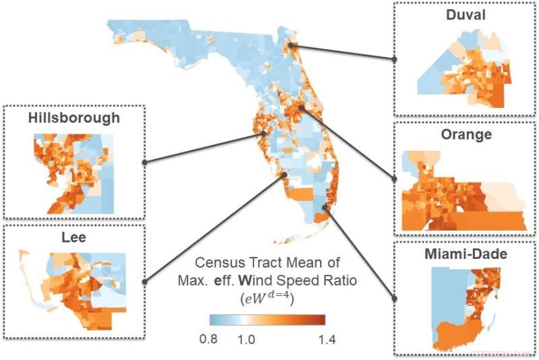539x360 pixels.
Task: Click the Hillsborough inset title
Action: [x=74, y=118]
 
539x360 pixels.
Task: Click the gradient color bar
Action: [x=267, y=320]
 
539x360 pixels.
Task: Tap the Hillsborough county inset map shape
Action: [x=71, y=172]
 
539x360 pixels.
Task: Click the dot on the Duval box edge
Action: [x=395, y=59]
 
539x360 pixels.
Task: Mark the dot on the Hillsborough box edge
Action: [x=144, y=162]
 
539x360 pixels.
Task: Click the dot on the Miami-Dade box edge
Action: [x=395, y=297]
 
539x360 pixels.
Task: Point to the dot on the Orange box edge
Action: [x=395, y=179]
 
